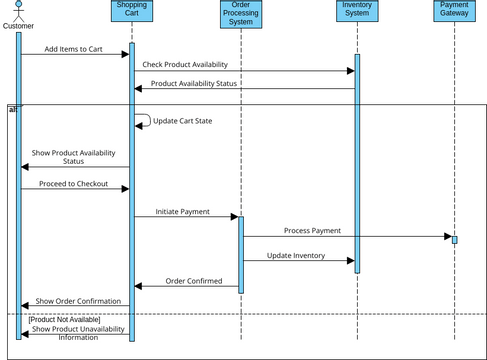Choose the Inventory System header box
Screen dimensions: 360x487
356,10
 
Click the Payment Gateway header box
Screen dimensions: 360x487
453,10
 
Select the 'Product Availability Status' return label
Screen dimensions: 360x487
194,83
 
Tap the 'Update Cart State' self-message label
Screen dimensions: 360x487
182,120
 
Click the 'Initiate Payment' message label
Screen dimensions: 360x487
182,212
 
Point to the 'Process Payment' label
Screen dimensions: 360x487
312,230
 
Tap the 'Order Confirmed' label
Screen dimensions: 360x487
193,281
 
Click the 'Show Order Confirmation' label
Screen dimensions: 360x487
78,300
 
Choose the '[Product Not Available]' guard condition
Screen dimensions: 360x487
64,319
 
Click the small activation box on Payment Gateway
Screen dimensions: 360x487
454,239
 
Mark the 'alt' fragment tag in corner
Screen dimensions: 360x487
13,108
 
